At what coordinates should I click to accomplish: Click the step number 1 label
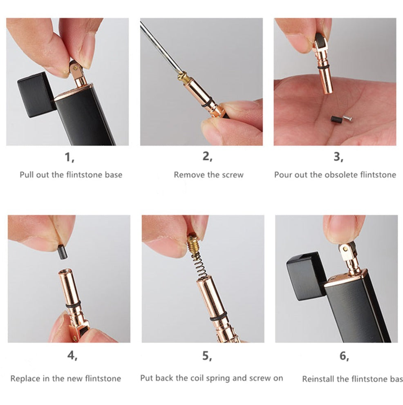[x=70, y=157]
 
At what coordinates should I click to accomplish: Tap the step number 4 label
[x=72, y=356]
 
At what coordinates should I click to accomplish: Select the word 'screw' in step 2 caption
[x=233, y=175]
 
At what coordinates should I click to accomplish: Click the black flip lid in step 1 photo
[x=36, y=94]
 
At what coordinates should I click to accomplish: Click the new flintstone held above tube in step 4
[x=62, y=251]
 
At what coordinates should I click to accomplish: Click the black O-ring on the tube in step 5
[x=218, y=316]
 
